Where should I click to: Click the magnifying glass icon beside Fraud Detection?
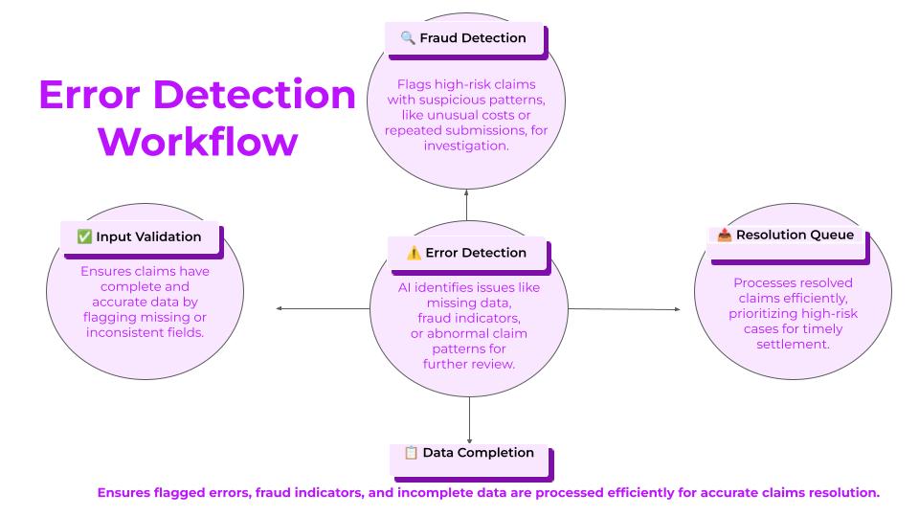click(x=408, y=38)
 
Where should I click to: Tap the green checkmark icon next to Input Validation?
click(x=84, y=236)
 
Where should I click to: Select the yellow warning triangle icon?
click(x=414, y=253)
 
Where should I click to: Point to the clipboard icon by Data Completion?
click(x=411, y=453)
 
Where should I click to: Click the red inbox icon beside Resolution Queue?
click(x=725, y=235)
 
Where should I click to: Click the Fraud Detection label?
click(x=472, y=38)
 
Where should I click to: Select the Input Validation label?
click(x=148, y=236)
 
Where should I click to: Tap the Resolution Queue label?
click(x=795, y=236)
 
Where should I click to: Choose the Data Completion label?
click(x=479, y=453)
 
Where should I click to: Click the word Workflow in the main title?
click(x=198, y=142)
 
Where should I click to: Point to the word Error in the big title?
click(x=90, y=95)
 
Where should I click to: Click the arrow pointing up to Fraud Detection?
click(x=466, y=205)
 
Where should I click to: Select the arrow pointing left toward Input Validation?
click(x=323, y=308)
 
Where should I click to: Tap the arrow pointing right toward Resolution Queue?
click(x=624, y=309)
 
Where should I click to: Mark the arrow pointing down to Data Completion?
click(x=469, y=420)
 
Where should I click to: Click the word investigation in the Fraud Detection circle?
click(x=466, y=146)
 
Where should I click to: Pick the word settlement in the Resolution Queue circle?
click(x=793, y=344)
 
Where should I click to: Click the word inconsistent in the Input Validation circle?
click(x=122, y=332)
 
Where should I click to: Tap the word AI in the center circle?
click(x=404, y=288)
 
